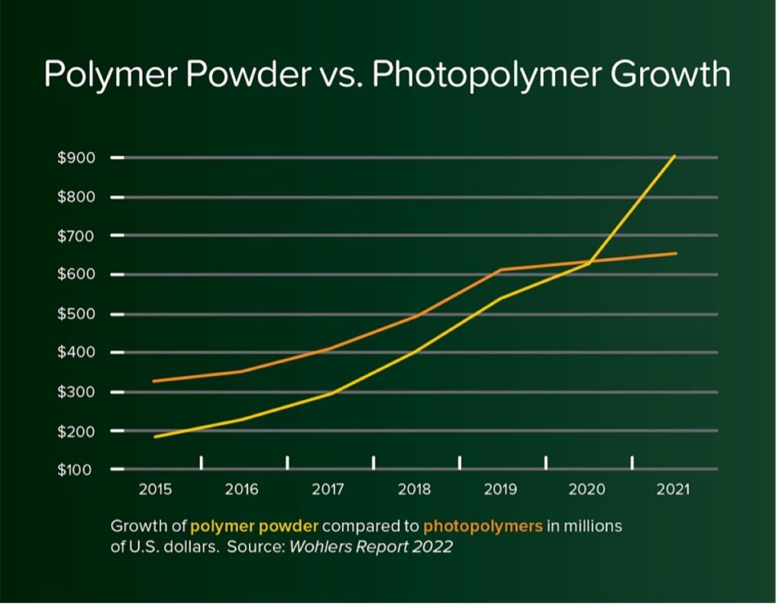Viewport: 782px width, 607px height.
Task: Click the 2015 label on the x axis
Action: coord(155,489)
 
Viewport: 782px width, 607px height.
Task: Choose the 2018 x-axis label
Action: coord(415,489)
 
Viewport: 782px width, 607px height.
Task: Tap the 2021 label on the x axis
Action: coord(673,489)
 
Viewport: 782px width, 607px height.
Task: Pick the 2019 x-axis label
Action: coord(501,489)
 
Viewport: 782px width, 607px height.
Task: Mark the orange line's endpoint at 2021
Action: coord(676,253)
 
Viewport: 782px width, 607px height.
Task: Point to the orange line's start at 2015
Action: coord(155,381)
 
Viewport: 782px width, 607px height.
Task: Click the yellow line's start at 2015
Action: coord(155,437)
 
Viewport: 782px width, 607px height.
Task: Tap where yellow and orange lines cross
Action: coord(590,261)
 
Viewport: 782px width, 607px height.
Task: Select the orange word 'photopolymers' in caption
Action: coord(483,526)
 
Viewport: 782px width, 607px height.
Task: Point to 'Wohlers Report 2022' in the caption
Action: coord(370,547)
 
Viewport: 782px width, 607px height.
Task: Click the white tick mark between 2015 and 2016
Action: coord(202,462)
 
